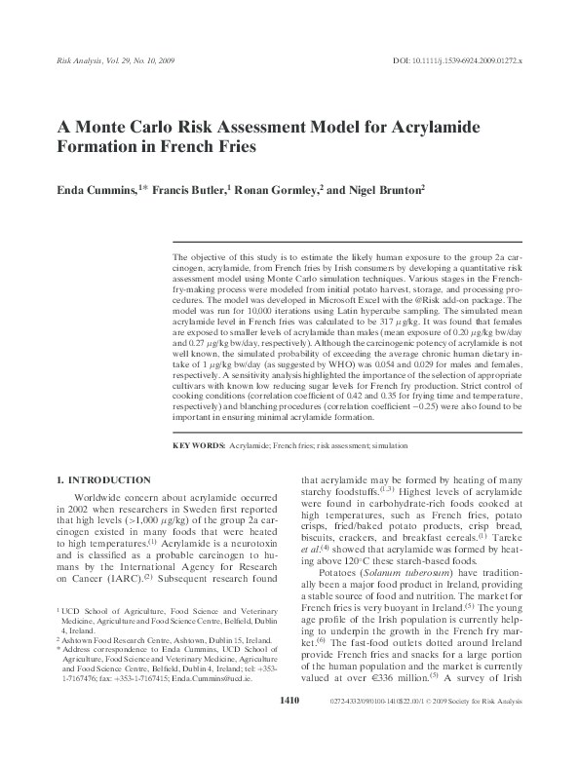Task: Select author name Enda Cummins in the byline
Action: point(91,192)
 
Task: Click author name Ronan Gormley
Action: point(275,192)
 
